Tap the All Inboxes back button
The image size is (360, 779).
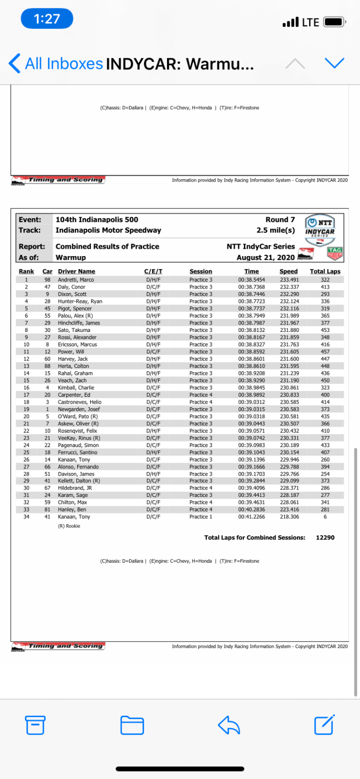56,63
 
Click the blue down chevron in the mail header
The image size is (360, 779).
334,63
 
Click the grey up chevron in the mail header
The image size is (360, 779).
295,63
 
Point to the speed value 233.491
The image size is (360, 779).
288,280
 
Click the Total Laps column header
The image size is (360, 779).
325,272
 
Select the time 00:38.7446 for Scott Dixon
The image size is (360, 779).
251,294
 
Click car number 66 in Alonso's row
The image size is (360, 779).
48,467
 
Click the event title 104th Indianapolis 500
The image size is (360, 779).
97,220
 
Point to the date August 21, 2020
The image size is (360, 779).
266,257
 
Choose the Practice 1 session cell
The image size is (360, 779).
201,517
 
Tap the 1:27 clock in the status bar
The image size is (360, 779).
47,19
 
